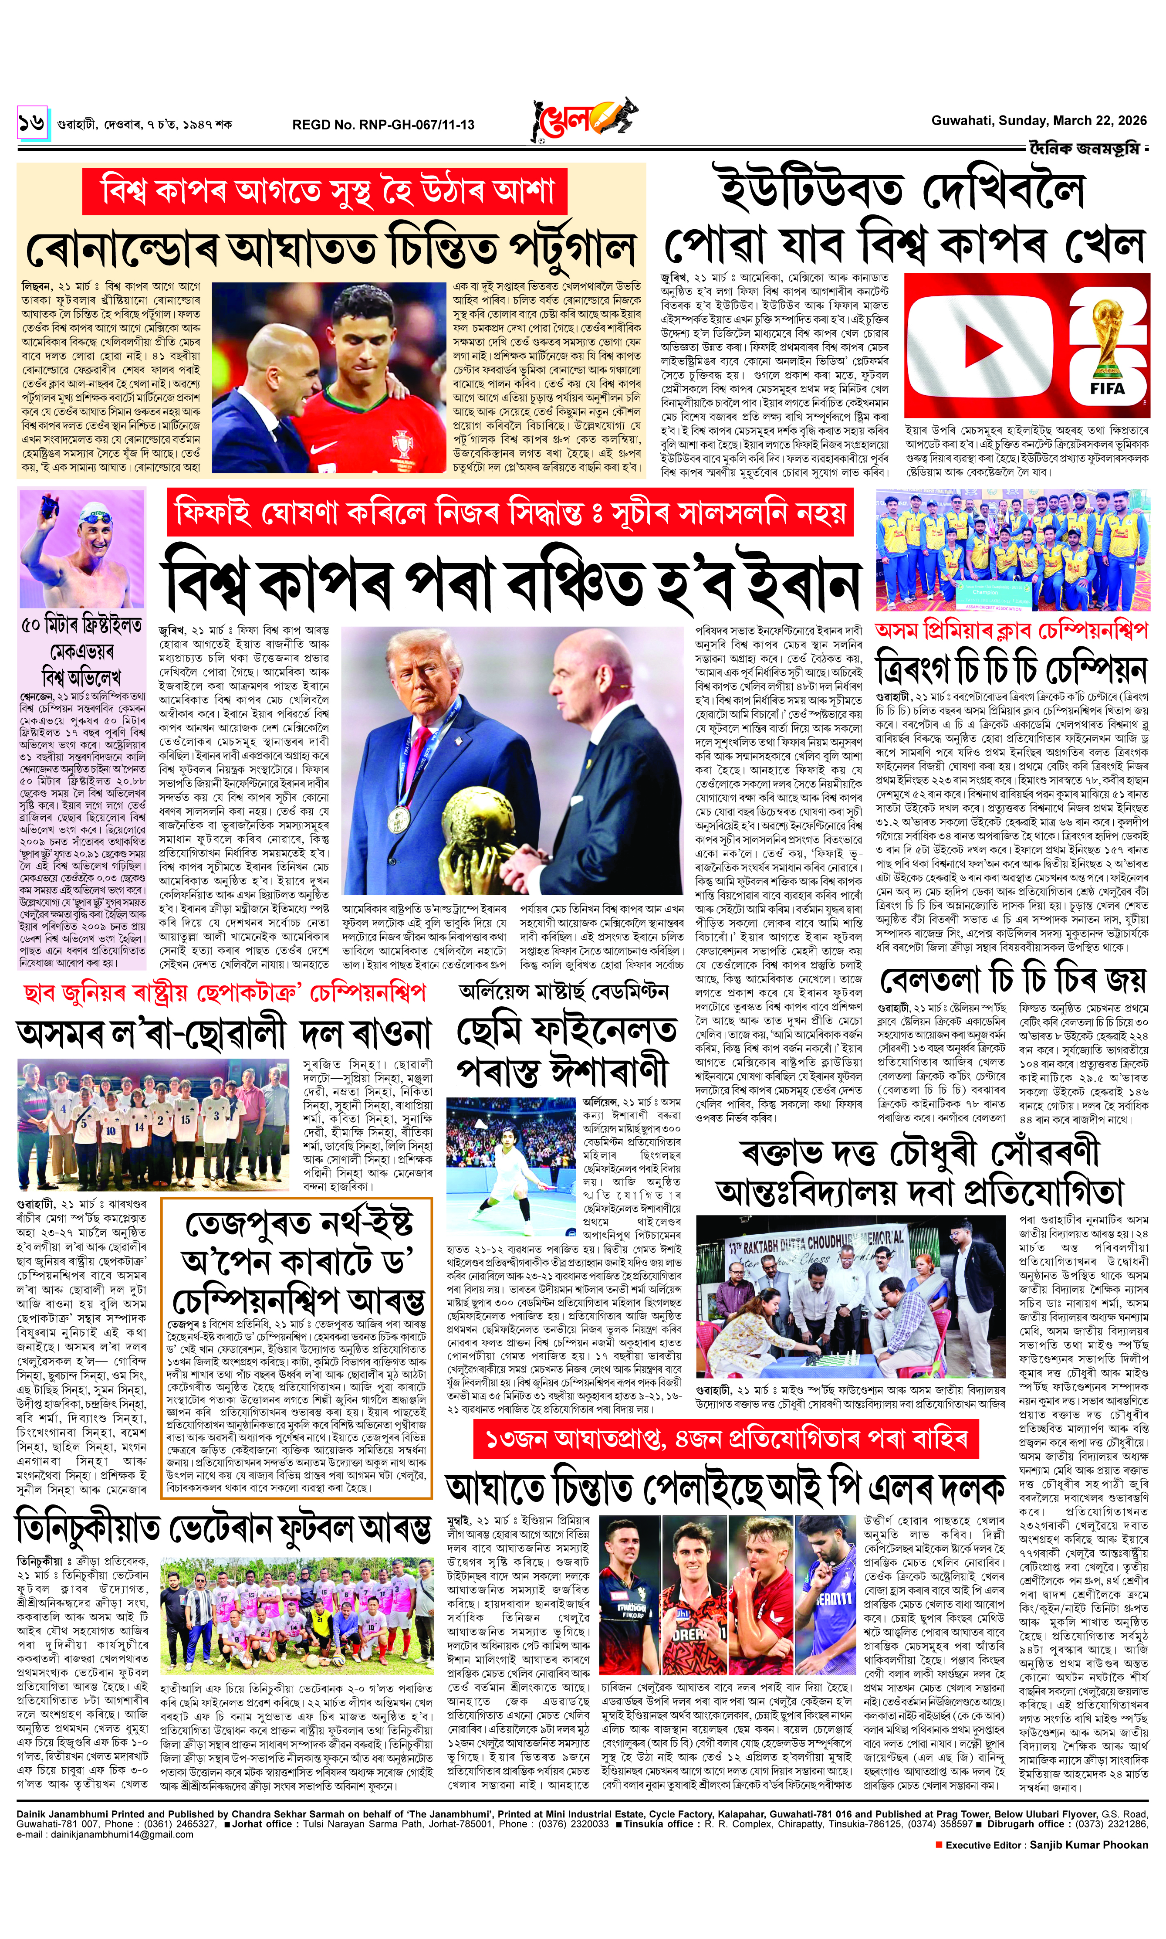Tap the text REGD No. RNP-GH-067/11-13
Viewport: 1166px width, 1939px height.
click(383, 124)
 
